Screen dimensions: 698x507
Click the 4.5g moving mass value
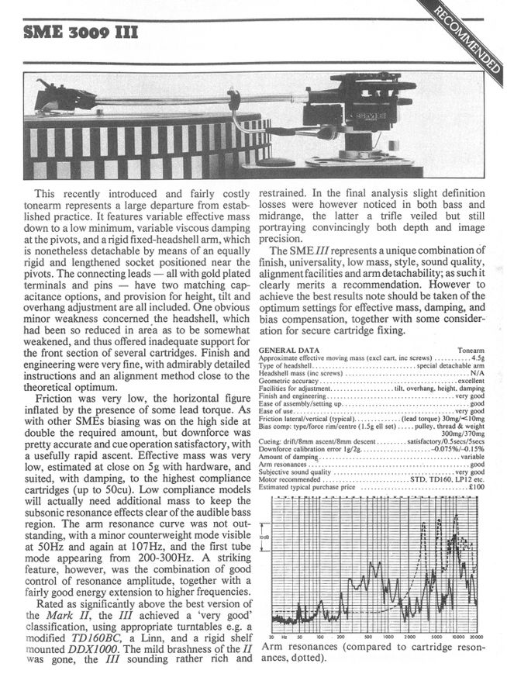(478, 358)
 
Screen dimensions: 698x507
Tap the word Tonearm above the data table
(471, 351)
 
